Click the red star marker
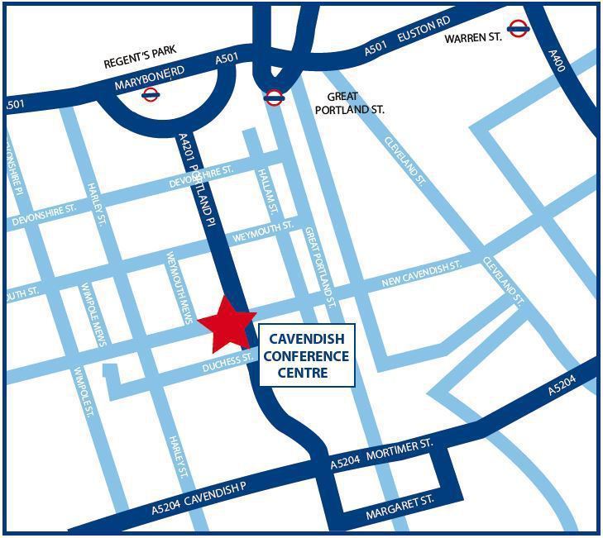(x=225, y=324)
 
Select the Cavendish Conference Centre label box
(x=307, y=355)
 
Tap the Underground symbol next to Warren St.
(x=519, y=30)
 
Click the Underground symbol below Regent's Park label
(x=151, y=94)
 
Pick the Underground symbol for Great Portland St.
(x=274, y=98)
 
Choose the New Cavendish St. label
(x=431, y=273)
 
